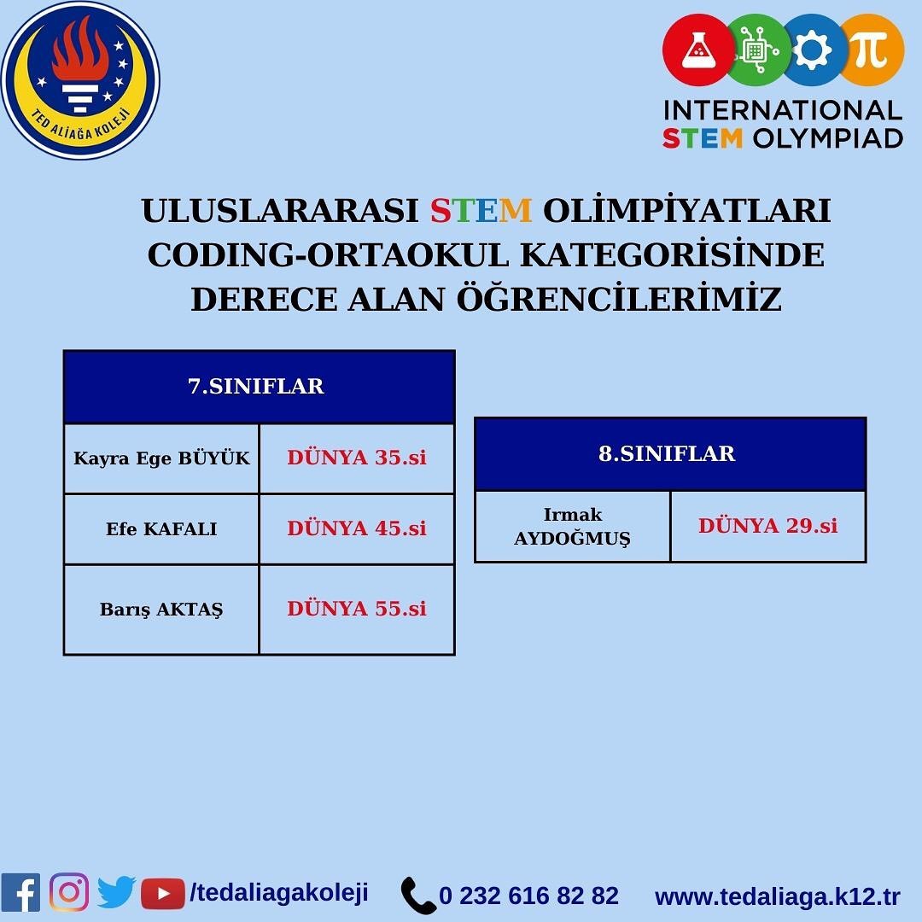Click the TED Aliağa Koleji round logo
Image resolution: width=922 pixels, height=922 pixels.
coord(80,80)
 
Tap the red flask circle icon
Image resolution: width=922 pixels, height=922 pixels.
coord(698,50)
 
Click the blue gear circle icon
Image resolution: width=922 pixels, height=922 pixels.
coord(814,50)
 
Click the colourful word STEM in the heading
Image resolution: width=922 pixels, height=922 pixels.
coord(481,211)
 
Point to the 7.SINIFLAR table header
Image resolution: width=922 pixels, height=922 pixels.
coord(260,387)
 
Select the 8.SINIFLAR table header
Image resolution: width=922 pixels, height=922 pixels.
coord(670,454)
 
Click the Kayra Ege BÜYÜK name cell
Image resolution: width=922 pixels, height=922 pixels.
coord(161,458)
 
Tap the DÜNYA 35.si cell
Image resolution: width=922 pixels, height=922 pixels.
coord(357,458)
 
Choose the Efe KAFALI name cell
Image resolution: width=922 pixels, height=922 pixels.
coord(161,529)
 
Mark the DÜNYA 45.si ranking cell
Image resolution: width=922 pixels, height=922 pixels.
coord(357,529)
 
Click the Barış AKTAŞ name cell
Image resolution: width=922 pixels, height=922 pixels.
coord(161,610)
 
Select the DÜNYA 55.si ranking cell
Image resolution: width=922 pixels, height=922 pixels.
coord(357,610)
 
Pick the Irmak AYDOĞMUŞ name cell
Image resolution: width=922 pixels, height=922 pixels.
coord(573,526)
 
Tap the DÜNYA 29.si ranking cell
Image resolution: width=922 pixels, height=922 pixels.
coord(768,526)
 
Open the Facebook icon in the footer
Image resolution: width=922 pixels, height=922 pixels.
coord(20,893)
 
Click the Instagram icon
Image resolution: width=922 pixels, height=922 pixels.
coord(69,893)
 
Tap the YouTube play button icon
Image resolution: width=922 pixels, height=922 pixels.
coord(163,894)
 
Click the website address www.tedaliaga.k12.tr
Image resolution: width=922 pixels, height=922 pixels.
coord(778,897)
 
